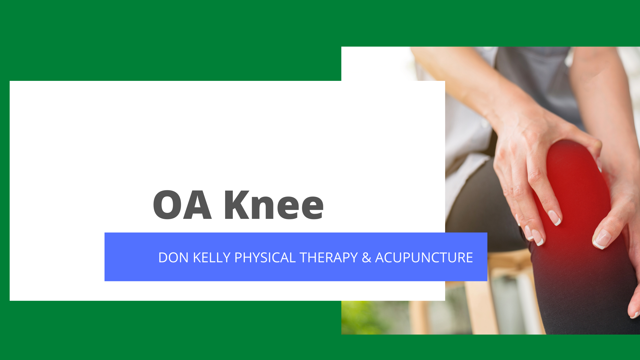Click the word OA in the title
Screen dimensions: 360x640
pos(182,205)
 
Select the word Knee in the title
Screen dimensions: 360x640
pos(274,205)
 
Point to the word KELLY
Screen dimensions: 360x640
pos(212,257)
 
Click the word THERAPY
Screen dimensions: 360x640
pos(329,257)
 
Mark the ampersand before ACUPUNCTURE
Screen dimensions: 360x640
pos(367,257)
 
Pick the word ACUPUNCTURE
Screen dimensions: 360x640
pos(424,257)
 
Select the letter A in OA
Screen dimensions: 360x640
pos(197,205)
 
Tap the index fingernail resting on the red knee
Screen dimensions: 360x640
pos(554,218)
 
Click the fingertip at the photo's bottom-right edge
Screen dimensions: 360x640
pos(635,314)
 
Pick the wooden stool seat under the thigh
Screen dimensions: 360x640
pos(509,257)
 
